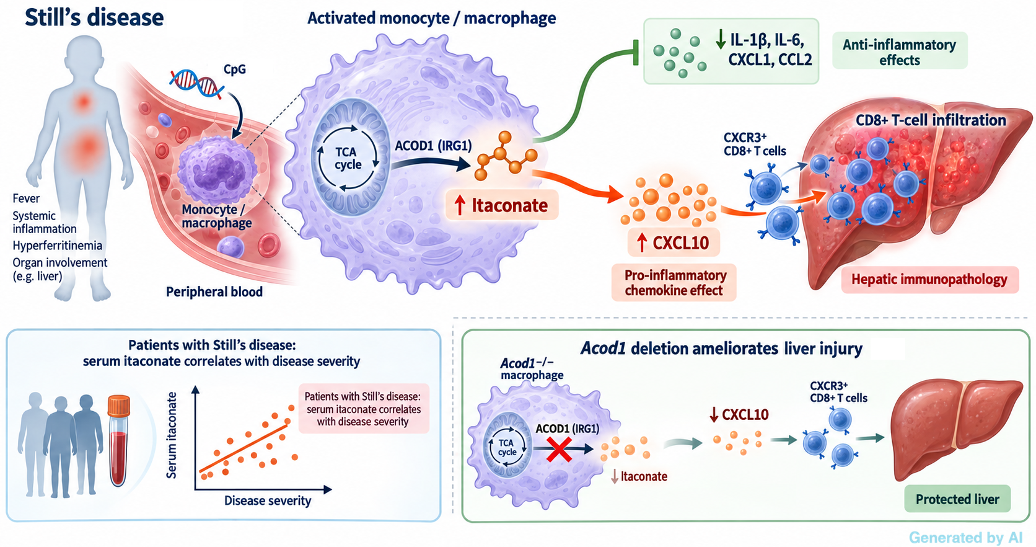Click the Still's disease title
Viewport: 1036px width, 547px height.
(x=94, y=17)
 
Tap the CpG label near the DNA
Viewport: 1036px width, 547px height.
(x=234, y=69)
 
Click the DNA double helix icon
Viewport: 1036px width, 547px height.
(x=196, y=83)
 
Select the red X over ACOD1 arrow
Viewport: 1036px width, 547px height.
(x=559, y=449)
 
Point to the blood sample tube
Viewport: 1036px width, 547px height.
(x=118, y=440)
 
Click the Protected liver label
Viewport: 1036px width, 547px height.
(x=957, y=499)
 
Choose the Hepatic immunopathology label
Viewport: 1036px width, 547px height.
(x=929, y=280)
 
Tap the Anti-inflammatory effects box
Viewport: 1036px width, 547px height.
(x=900, y=51)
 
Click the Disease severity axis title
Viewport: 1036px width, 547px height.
(x=268, y=500)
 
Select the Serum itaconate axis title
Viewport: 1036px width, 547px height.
(x=172, y=435)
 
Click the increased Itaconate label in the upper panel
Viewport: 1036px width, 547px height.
(x=503, y=205)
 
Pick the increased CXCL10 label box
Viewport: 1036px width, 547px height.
(x=674, y=242)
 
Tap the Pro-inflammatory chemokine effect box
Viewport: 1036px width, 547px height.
(x=674, y=283)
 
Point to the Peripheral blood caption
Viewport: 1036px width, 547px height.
(x=214, y=292)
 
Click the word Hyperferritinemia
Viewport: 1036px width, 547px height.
(x=58, y=245)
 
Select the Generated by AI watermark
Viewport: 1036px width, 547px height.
(x=966, y=538)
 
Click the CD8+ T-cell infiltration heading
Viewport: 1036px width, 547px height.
(x=931, y=120)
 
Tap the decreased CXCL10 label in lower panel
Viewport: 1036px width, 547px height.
(x=739, y=415)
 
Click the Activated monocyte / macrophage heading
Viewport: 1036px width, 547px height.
(x=431, y=18)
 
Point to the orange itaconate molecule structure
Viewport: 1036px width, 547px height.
(x=505, y=156)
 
